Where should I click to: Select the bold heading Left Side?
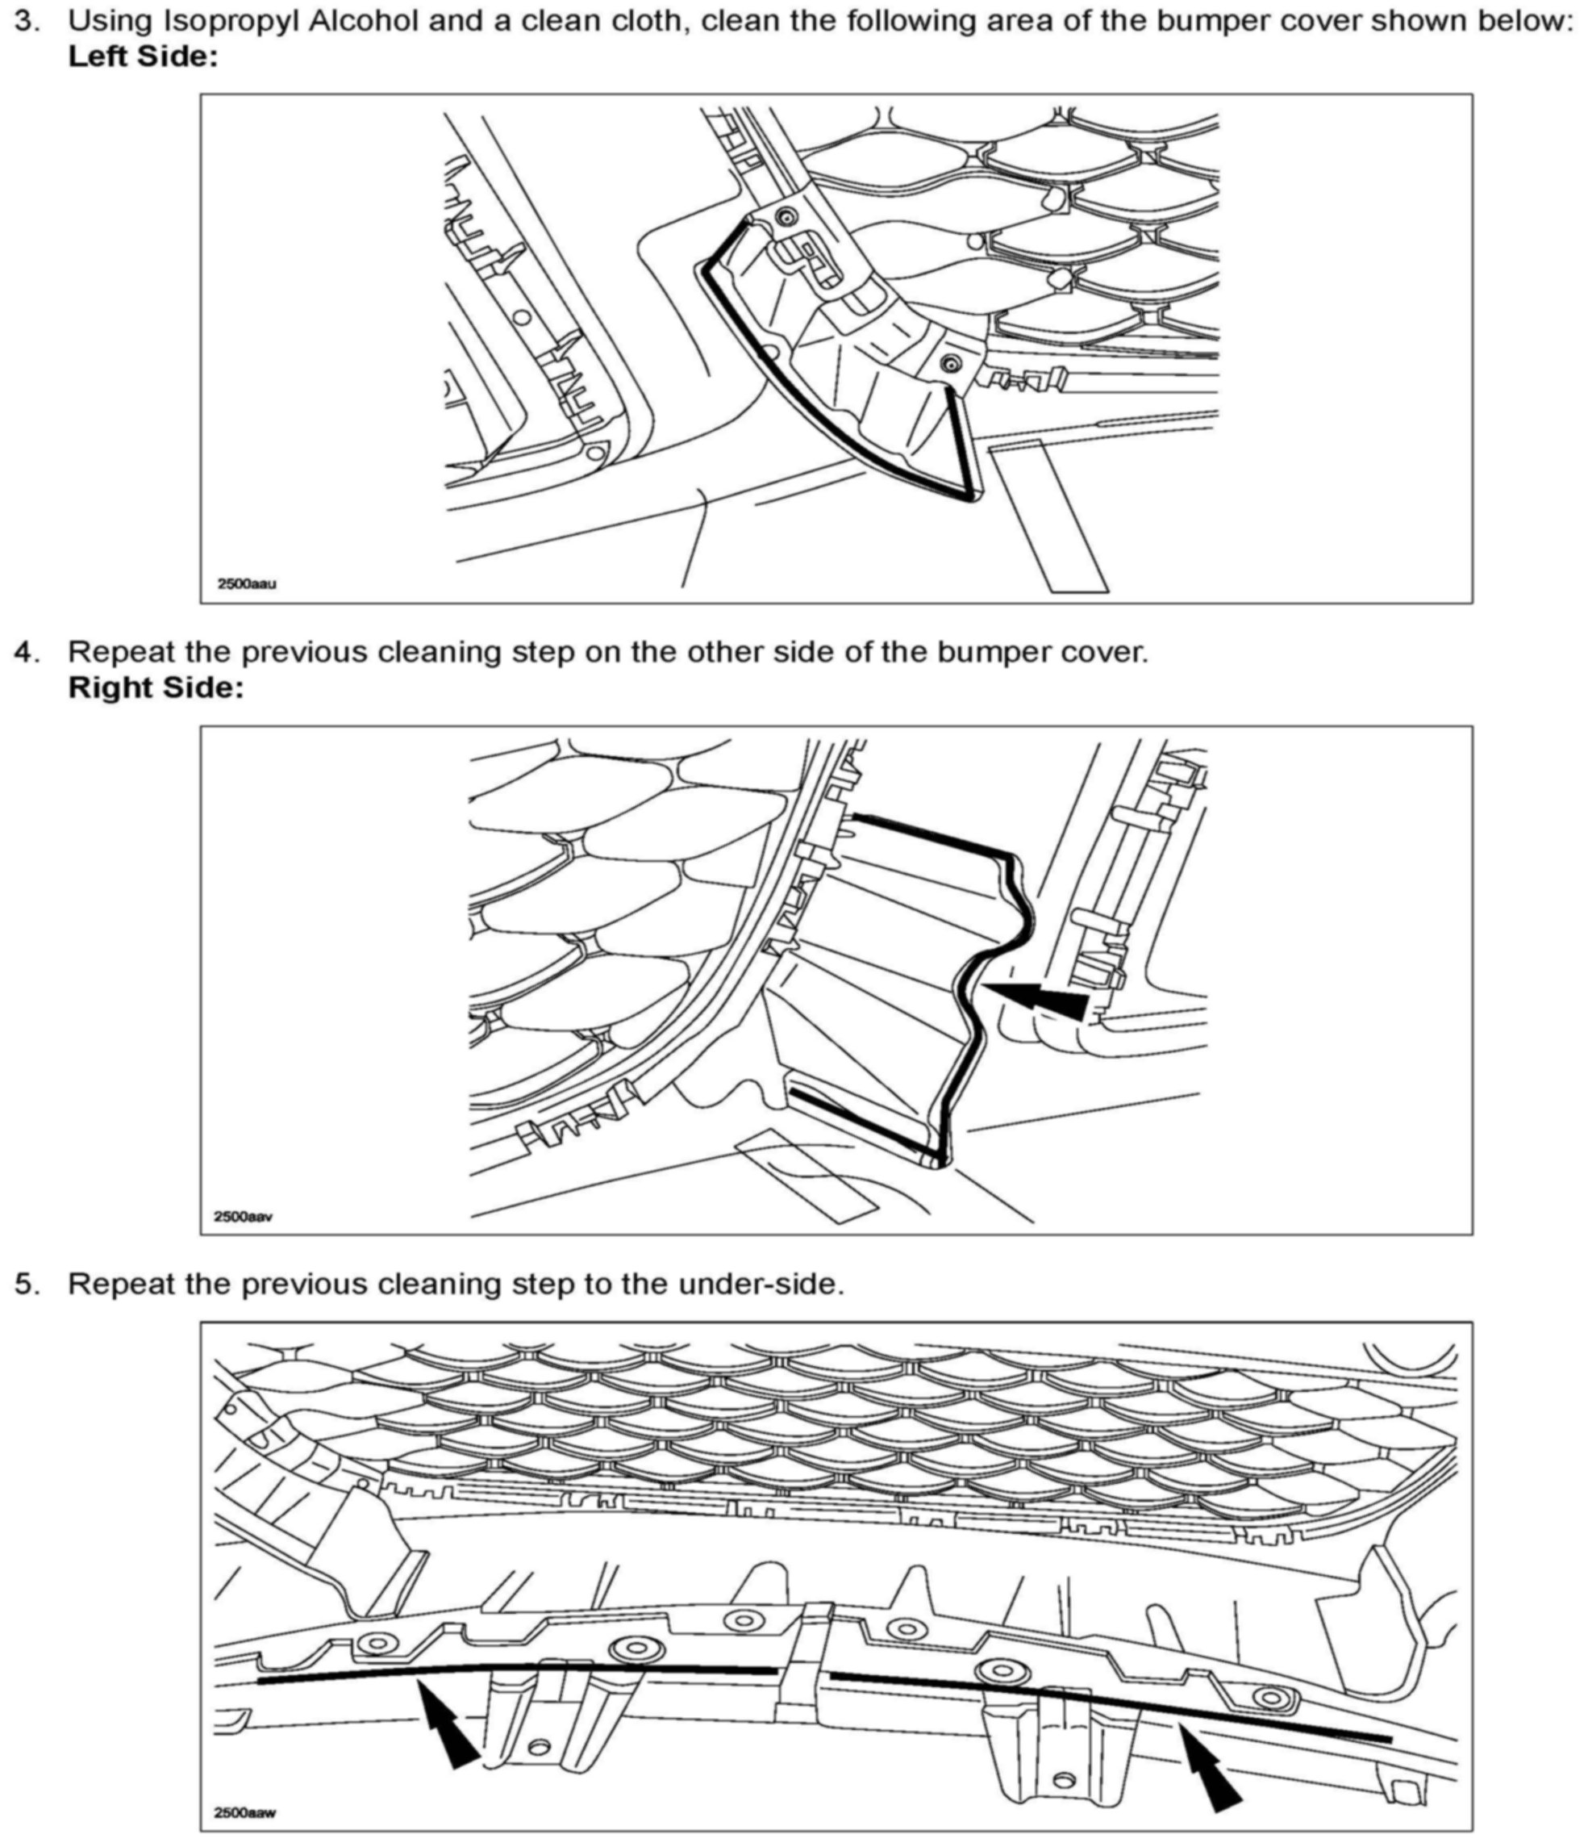click(x=143, y=57)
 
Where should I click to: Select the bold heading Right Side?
click(x=156, y=688)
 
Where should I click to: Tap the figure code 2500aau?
click(x=247, y=584)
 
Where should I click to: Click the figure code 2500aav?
click(x=244, y=1216)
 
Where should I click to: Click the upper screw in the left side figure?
click(x=786, y=215)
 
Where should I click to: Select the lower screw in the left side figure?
click(x=951, y=363)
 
